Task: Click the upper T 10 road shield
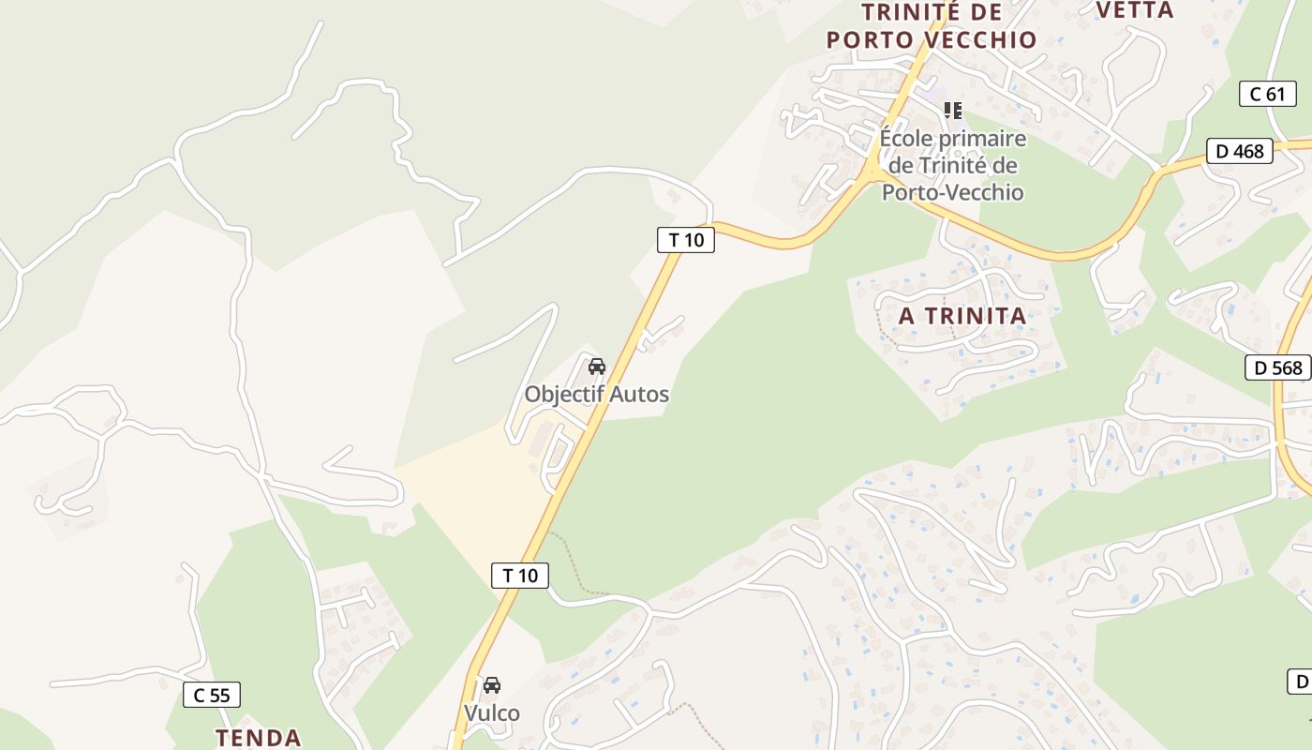coord(686,240)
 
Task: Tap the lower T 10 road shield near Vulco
coord(520,575)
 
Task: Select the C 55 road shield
coord(212,695)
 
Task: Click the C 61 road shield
coord(1268,93)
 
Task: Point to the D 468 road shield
coord(1239,151)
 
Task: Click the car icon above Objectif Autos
coord(597,367)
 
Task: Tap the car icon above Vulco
coord(492,685)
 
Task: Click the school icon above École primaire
coord(953,111)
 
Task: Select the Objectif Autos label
coord(597,394)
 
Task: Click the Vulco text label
coord(492,713)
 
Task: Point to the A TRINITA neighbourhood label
coord(962,316)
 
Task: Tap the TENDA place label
coord(258,738)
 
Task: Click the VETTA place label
coord(1135,10)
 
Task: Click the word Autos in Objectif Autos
coord(640,394)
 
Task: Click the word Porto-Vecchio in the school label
coord(953,192)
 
